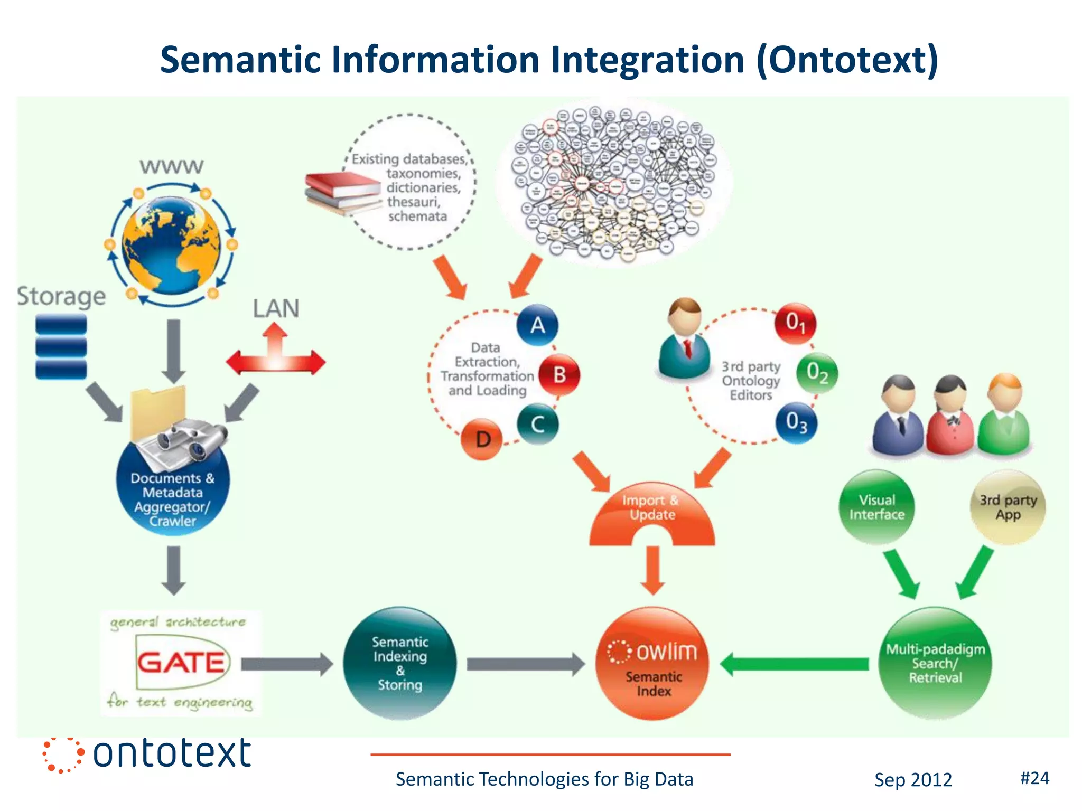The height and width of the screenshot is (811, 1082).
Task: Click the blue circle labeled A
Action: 537,325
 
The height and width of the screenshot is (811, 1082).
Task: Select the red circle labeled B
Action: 559,375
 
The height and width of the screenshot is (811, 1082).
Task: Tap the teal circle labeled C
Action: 537,424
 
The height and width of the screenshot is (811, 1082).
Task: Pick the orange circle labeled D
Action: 482,439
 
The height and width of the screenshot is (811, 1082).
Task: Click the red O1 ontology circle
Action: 795,323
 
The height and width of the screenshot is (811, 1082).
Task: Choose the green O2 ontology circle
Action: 817,373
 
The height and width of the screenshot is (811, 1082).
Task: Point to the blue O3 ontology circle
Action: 796,423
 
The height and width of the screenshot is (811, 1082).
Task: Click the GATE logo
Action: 181,663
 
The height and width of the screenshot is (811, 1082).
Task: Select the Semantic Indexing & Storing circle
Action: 399,663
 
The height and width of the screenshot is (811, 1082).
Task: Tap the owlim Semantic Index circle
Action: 653,664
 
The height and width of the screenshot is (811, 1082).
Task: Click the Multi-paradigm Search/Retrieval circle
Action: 935,663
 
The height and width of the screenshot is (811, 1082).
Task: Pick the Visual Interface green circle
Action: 876,507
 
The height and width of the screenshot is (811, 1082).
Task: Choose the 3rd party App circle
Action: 1008,507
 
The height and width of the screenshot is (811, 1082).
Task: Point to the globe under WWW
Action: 172,244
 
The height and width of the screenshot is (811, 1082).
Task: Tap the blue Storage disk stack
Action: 61,347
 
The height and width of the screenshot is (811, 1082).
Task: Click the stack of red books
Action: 342,193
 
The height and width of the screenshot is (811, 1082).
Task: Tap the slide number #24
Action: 1034,778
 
